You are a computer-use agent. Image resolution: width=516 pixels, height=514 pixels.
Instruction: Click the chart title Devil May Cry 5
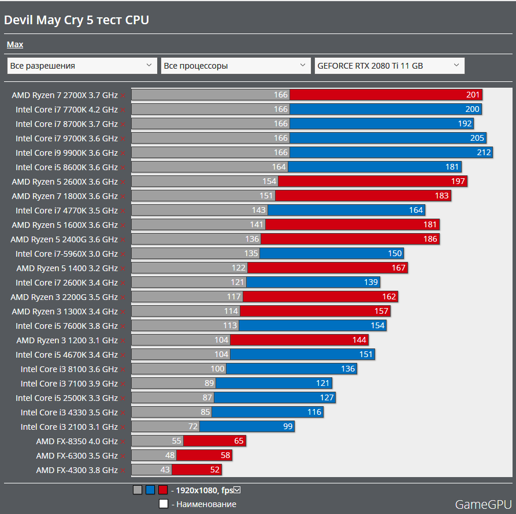click(76, 20)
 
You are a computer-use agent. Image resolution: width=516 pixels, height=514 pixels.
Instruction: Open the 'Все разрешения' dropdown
click(82, 66)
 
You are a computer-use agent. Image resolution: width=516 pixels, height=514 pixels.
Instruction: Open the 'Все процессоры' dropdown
click(236, 66)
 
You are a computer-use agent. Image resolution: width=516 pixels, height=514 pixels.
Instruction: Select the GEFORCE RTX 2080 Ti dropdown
click(389, 66)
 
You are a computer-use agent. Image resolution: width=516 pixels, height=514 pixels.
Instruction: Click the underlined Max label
click(15, 44)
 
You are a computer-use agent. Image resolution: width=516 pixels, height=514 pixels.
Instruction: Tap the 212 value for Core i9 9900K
click(484, 153)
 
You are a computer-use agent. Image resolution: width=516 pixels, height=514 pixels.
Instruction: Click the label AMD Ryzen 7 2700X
click(64, 95)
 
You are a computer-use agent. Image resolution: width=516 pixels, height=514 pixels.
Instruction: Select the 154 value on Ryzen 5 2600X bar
click(269, 182)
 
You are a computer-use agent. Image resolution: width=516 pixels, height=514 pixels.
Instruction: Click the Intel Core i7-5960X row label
click(66, 254)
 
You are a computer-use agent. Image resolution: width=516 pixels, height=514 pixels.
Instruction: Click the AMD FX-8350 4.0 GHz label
click(76, 441)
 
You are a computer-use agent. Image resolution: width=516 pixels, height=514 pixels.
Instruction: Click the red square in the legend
click(163, 490)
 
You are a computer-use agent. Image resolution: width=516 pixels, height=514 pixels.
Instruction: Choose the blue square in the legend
click(150, 490)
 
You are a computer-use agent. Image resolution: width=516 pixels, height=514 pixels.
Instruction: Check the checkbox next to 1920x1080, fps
click(237, 490)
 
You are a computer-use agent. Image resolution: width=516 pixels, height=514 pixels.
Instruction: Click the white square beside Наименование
click(164, 504)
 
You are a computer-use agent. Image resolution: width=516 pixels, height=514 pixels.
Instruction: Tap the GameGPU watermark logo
click(483, 505)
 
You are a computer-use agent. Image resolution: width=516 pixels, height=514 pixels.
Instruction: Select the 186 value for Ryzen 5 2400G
click(430, 239)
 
